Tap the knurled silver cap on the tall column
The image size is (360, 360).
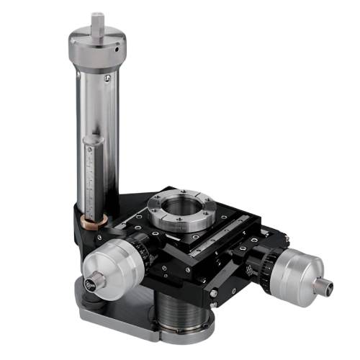pyautogui.click(x=96, y=49)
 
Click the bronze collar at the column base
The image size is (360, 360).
pyautogui.click(x=92, y=218)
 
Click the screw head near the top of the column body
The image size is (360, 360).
pyautogui.click(x=107, y=76)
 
